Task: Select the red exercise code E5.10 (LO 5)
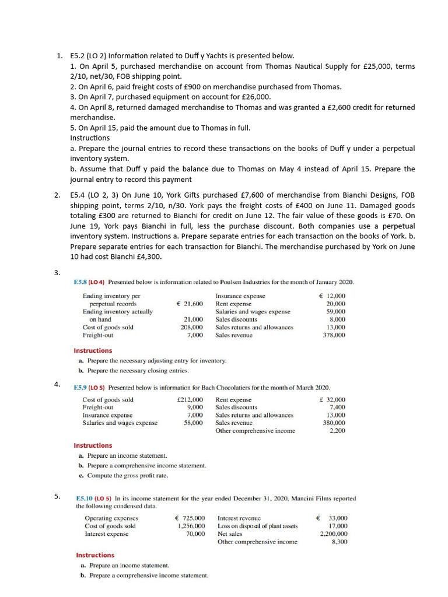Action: click(x=93, y=498)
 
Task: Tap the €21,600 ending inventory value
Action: click(x=190, y=304)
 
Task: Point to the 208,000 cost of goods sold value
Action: click(x=192, y=327)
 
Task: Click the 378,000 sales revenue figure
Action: click(x=334, y=335)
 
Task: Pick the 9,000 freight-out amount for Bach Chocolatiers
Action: click(x=195, y=407)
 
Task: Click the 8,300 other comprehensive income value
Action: click(x=338, y=542)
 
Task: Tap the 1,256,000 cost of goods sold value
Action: click(x=191, y=526)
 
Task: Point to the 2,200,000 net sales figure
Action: click(x=334, y=533)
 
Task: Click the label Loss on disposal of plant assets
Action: click(x=257, y=526)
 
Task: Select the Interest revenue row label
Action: click(x=239, y=518)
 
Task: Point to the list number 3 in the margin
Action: click(x=57, y=273)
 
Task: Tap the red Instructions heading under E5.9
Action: click(x=93, y=445)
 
